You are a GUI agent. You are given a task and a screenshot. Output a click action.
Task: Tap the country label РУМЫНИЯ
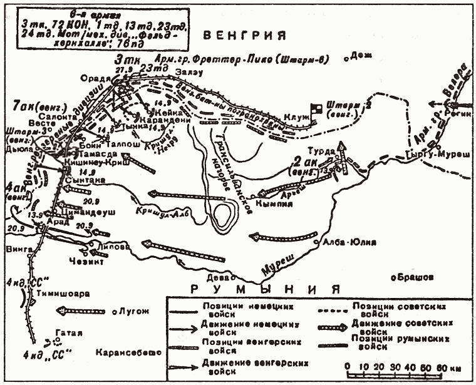click(266, 289)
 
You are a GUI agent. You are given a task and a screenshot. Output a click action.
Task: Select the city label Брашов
click(410, 276)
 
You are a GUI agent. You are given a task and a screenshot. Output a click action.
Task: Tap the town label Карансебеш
click(125, 352)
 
